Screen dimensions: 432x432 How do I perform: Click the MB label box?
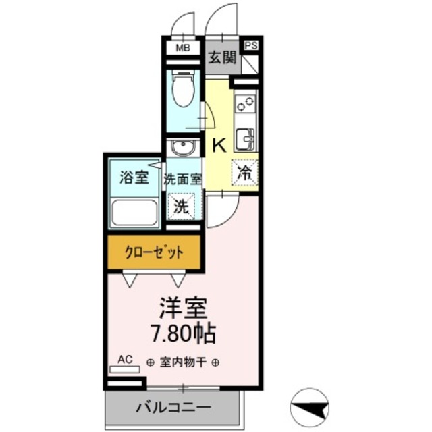click(x=182, y=49)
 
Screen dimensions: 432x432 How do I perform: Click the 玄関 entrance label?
click(x=221, y=58)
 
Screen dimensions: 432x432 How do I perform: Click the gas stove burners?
click(x=245, y=103)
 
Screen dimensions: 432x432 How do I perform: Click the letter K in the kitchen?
click(x=219, y=144)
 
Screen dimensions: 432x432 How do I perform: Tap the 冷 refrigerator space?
click(x=245, y=171)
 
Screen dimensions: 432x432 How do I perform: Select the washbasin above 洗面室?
click(x=182, y=148)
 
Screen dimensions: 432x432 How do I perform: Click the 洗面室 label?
click(x=182, y=180)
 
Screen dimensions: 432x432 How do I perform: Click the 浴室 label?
click(x=134, y=178)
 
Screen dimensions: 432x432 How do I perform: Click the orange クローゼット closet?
click(x=154, y=253)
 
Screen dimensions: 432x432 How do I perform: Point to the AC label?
click(x=126, y=360)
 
